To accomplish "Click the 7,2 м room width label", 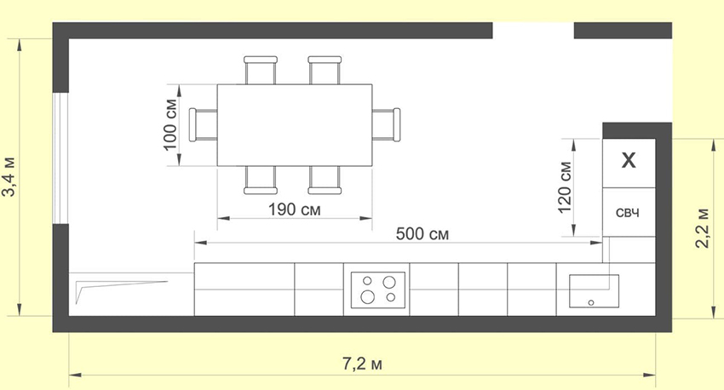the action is click(362, 364).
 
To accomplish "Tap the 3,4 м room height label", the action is click(9, 177).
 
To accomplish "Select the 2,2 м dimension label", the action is click(703, 228).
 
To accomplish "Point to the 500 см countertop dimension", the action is click(422, 234).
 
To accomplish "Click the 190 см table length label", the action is click(294, 209).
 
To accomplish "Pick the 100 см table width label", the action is click(170, 124).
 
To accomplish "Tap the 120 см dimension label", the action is click(565, 187).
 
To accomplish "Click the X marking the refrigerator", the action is click(629, 160).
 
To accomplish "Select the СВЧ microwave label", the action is click(628, 213).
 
